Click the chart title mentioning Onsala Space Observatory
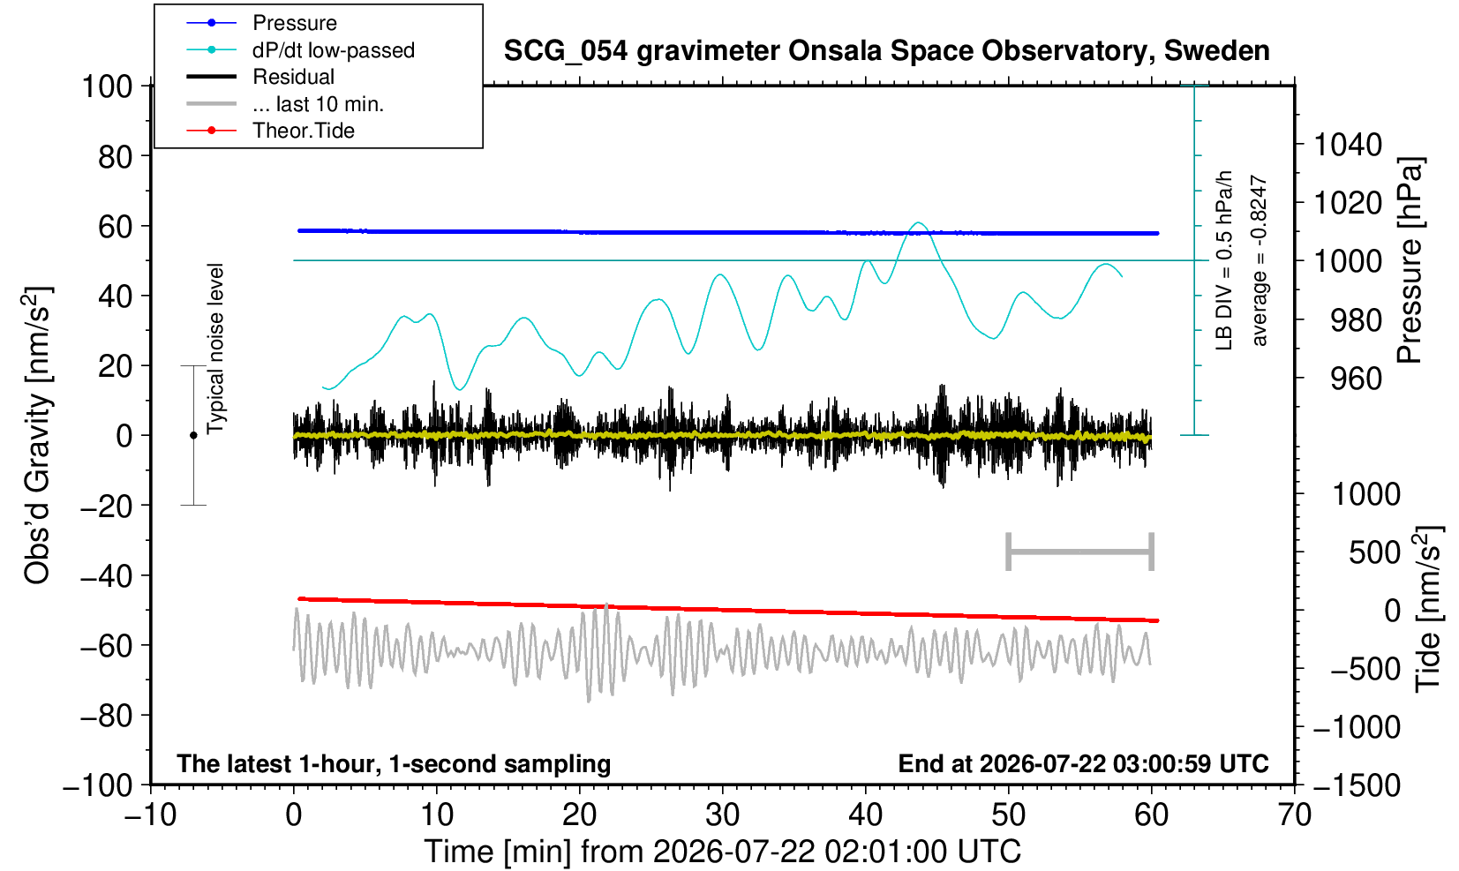coord(886,51)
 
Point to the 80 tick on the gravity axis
coord(116,157)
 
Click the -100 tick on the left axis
coord(98,785)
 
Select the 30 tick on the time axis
coord(722,815)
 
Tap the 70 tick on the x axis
coord(1294,815)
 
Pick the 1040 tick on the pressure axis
coord(1348,145)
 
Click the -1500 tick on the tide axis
coord(1357,785)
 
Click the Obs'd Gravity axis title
coord(37,435)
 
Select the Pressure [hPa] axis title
coord(1410,260)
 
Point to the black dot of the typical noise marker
coord(193,435)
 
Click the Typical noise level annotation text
coord(215,349)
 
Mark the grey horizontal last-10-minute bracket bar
coord(1080,552)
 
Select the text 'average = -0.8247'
coord(1259,260)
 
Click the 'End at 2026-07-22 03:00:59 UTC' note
coord(1083,763)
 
